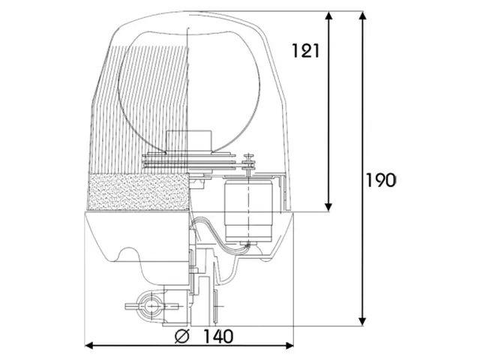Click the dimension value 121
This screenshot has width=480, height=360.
click(x=305, y=51)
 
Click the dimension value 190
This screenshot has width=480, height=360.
click(x=381, y=180)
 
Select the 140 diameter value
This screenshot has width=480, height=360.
click(x=218, y=336)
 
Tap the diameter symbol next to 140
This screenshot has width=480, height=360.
click(x=182, y=336)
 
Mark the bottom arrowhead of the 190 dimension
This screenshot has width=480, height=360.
click(x=363, y=322)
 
